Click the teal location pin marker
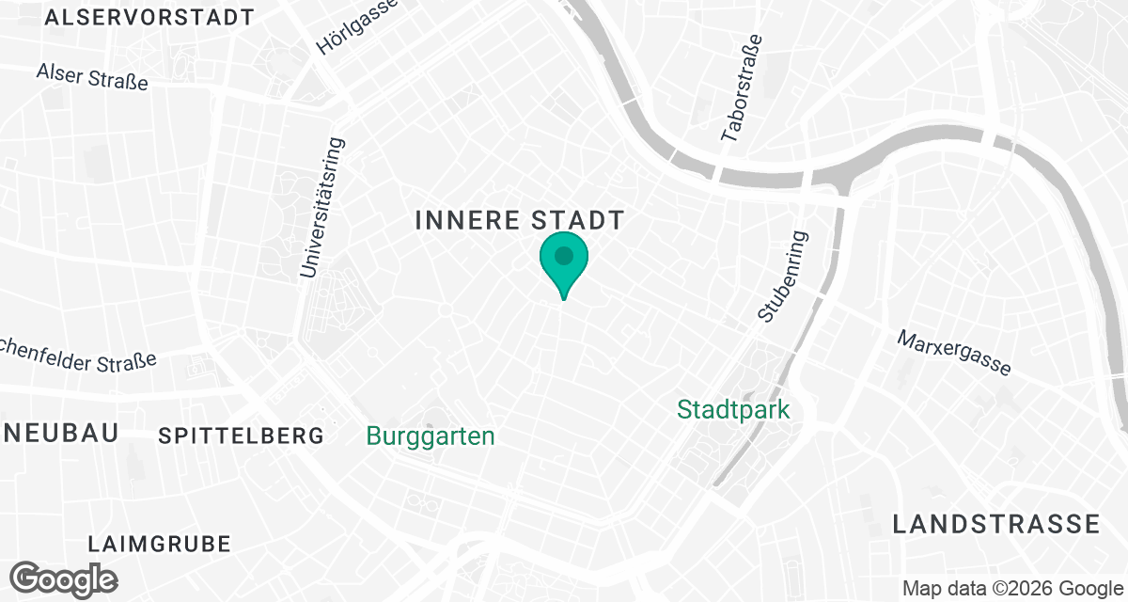563,263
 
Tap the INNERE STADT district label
519,221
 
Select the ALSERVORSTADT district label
149,17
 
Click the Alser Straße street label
92,76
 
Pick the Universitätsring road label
322,208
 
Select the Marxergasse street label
954,353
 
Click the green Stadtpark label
733,410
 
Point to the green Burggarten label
431,436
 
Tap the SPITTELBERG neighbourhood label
242,436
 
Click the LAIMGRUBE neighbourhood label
159,544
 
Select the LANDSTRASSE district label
995,524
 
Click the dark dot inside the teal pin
563,255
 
